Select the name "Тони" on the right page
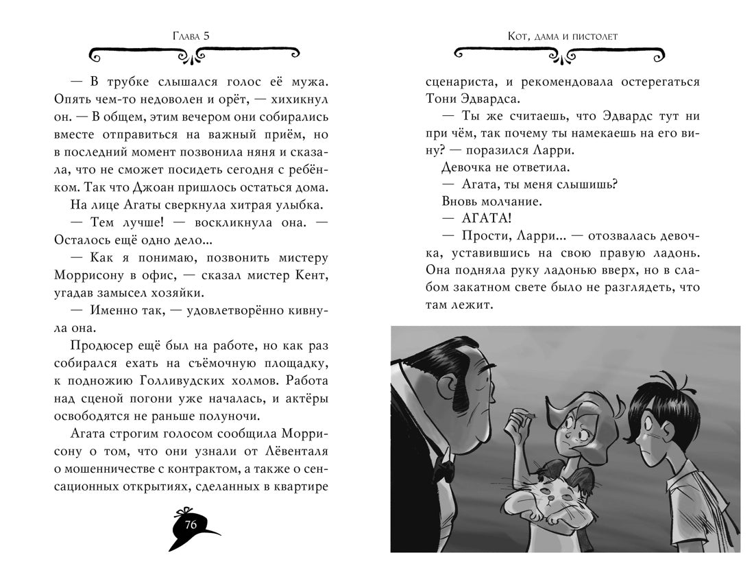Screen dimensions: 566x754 [441, 99]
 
